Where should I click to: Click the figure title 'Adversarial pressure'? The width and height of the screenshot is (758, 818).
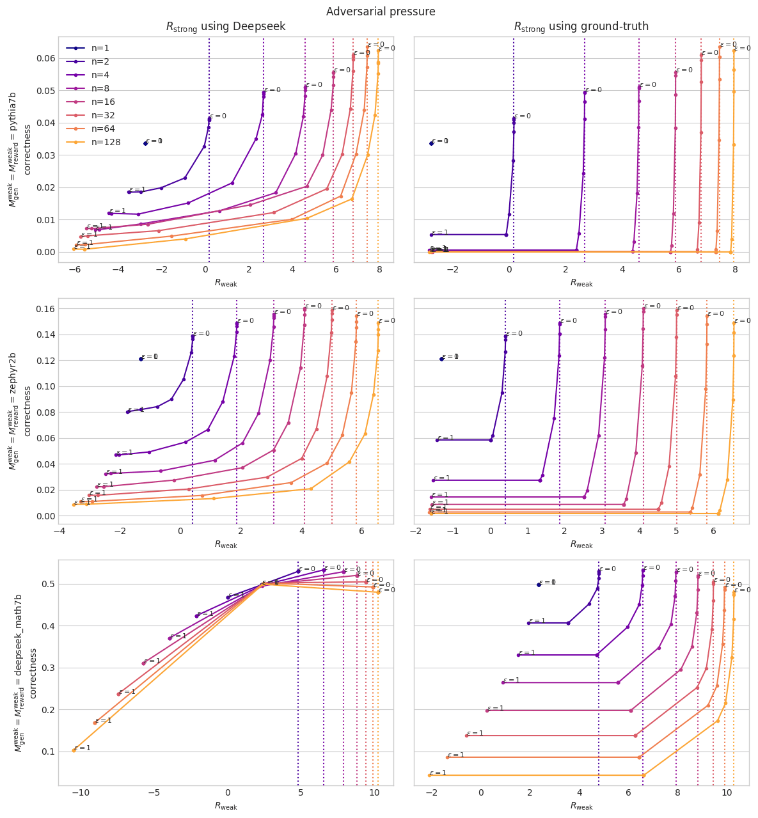pos(381,12)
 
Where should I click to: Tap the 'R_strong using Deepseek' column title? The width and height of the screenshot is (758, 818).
pos(225,27)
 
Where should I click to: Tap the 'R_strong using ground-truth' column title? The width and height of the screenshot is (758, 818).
pos(581,27)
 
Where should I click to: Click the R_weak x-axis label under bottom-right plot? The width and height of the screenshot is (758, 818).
pos(581,806)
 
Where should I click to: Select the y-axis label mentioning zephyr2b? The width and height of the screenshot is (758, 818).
pos(19,410)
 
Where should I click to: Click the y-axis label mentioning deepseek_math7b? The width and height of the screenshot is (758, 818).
pos(19,672)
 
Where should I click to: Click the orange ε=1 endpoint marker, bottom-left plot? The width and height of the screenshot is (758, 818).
pos(74,750)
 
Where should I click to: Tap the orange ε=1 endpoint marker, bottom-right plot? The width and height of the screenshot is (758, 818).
pos(429,775)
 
